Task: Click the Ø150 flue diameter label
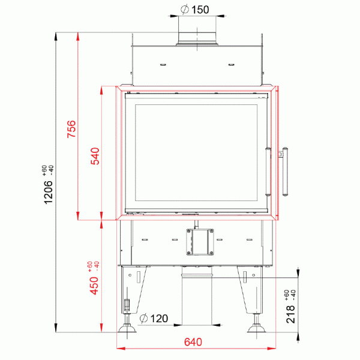coord(196,9)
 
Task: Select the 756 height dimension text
coord(71,129)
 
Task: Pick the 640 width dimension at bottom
coord(193,343)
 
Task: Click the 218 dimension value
coord(292,314)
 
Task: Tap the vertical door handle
coord(286,172)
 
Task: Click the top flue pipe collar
coord(196,35)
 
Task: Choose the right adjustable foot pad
coord(257,329)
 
